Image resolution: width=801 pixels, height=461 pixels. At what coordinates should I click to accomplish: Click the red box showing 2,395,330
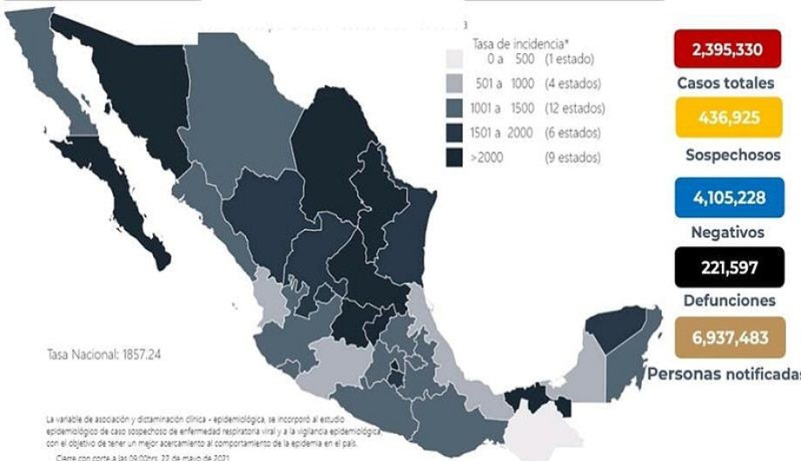[727, 49]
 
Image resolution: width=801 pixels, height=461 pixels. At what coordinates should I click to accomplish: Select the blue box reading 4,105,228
[728, 197]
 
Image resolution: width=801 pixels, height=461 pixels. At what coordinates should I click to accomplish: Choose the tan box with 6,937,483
[728, 337]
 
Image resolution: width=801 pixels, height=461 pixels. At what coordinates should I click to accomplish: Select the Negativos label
[727, 232]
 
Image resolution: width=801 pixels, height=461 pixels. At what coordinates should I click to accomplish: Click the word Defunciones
[727, 300]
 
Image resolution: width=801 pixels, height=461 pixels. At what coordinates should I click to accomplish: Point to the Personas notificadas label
[724, 373]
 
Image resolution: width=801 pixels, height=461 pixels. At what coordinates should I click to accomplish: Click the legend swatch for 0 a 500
[454, 59]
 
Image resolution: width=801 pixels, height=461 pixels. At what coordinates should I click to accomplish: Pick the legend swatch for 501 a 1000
[454, 84]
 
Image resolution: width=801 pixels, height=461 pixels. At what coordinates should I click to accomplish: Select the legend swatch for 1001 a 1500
[454, 109]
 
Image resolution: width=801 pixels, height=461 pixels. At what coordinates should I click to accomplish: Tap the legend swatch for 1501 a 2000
[454, 133]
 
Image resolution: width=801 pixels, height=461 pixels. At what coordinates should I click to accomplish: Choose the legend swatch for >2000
[454, 157]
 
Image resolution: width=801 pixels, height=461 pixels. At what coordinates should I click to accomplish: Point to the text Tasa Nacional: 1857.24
[103, 355]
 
